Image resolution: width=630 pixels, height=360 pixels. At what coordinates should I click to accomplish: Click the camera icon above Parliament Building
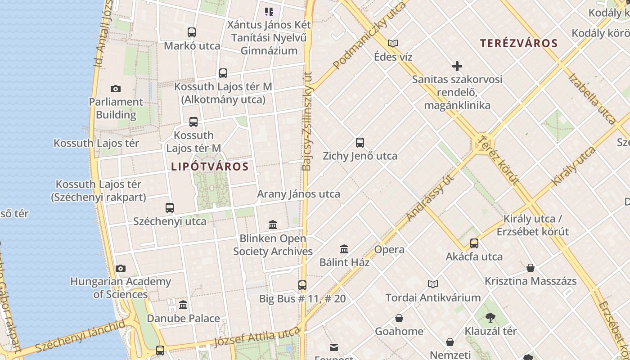point(116,89)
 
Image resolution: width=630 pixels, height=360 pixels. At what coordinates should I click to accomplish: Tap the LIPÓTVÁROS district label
point(210,166)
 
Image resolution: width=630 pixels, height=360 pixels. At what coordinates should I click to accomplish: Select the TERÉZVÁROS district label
point(519,44)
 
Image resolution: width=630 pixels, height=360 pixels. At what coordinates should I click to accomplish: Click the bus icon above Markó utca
point(192,32)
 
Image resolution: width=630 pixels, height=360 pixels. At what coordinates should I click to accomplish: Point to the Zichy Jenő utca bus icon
point(360,143)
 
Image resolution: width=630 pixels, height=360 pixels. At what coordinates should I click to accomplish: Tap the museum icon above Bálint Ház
point(344,249)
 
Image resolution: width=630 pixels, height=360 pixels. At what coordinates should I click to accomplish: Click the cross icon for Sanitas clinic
point(457,67)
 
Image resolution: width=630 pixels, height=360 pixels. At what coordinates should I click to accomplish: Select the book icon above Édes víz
point(393,44)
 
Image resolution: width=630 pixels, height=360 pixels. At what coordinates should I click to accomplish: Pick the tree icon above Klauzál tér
point(490,318)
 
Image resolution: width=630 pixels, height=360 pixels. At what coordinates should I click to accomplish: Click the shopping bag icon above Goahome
point(399,319)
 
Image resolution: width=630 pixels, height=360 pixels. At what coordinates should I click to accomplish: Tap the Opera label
point(389,249)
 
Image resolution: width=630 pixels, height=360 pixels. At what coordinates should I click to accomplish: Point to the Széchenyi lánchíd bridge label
point(80,337)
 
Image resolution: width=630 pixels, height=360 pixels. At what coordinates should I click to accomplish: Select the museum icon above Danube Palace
point(183,305)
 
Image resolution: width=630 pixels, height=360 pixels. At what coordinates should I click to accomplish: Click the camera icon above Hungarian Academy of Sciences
point(121,269)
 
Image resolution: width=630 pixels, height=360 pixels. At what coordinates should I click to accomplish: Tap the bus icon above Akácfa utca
point(474,243)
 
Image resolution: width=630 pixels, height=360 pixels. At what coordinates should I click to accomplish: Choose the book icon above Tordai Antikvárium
point(433,284)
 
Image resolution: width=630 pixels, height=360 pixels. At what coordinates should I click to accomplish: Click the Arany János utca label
point(298,194)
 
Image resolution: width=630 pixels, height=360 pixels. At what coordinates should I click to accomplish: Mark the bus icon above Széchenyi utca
point(170,208)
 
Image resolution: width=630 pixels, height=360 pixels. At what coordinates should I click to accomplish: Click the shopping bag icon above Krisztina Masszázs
point(531,268)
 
